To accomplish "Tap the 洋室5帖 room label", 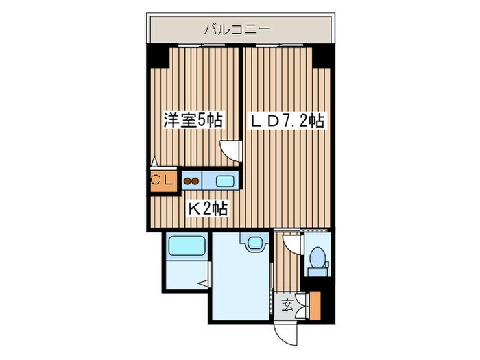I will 193,121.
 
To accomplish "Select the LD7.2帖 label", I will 287,121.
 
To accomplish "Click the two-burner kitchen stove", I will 191,181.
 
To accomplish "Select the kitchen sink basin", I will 225,181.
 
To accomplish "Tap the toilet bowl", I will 317,257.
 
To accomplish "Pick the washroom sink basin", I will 252,241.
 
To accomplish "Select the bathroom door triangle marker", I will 204,283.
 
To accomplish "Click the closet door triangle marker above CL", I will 155,162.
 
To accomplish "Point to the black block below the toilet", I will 317,272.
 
